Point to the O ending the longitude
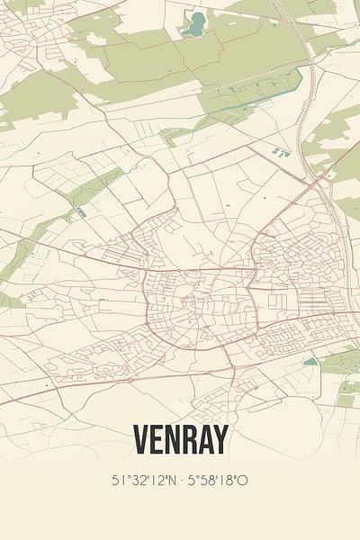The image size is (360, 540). click(243, 481)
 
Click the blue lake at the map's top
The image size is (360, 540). click(193, 25)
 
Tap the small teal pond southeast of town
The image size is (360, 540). click(310, 362)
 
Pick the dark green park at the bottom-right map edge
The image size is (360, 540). click(347, 387)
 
